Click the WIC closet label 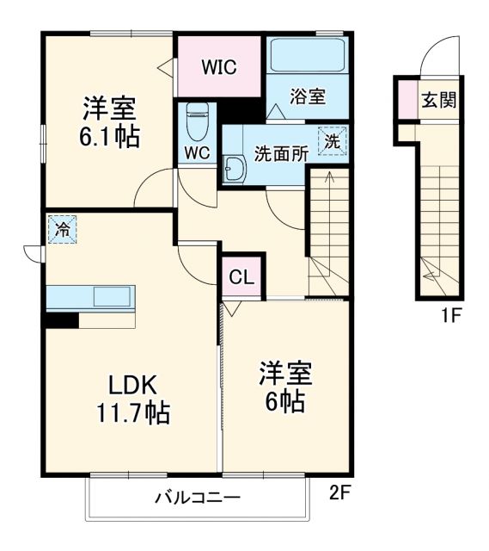(218, 66)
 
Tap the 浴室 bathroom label (308, 96)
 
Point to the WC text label (197, 154)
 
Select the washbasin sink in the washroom (234, 169)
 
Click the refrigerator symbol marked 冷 (62, 229)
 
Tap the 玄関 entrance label (437, 101)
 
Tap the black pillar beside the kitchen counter (61, 319)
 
